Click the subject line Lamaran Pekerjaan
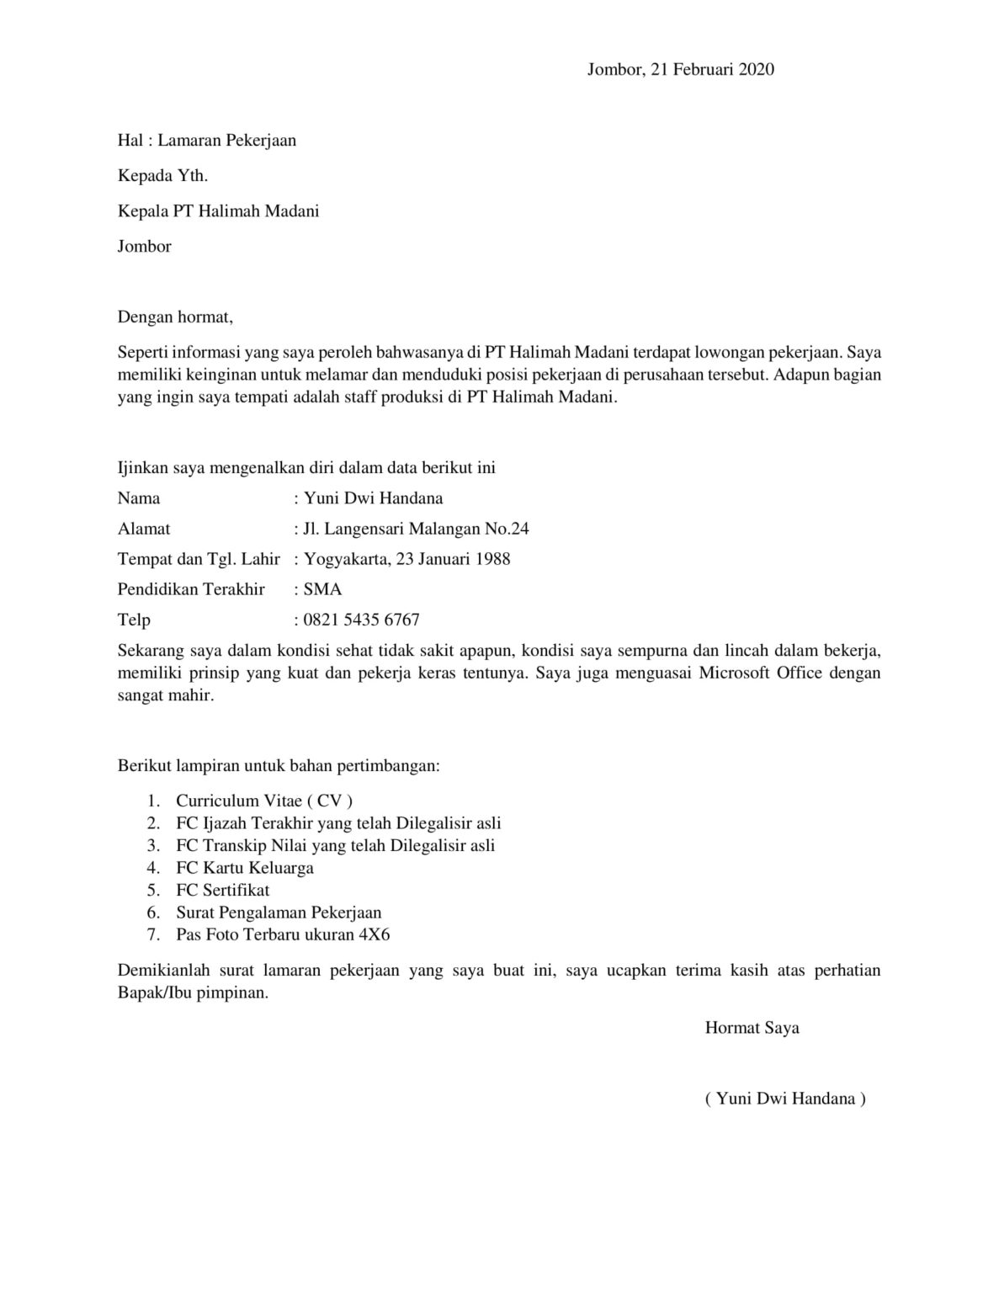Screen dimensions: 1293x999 click(226, 141)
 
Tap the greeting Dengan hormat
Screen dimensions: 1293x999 click(174, 317)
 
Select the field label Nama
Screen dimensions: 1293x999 click(139, 498)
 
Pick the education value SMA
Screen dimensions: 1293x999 click(322, 589)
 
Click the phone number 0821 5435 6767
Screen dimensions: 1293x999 click(361, 620)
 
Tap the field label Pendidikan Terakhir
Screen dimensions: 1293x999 click(191, 589)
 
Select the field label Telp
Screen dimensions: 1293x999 click(134, 620)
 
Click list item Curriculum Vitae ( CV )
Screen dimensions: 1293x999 click(264, 801)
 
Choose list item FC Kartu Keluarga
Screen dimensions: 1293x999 click(245, 868)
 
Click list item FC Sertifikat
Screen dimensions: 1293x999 click(223, 890)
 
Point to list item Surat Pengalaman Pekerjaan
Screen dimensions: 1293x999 click(279, 913)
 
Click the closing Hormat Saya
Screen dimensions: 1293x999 click(752, 1028)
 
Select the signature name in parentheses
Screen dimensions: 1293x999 click(785, 1099)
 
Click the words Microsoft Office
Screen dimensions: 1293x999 click(760, 673)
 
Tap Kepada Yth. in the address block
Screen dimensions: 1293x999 click(162, 176)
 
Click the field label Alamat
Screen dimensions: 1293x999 click(144, 529)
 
